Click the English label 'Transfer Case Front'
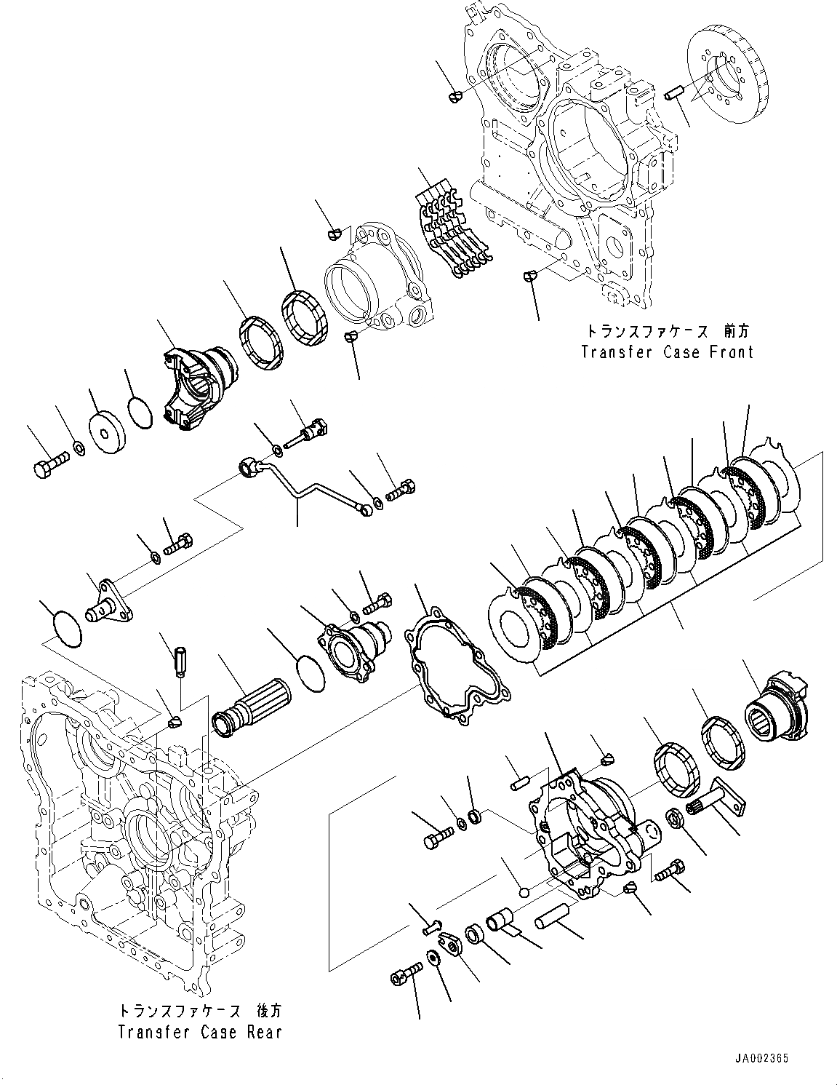[x=666, y=352]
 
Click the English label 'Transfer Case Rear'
[x=199, y=1031]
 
